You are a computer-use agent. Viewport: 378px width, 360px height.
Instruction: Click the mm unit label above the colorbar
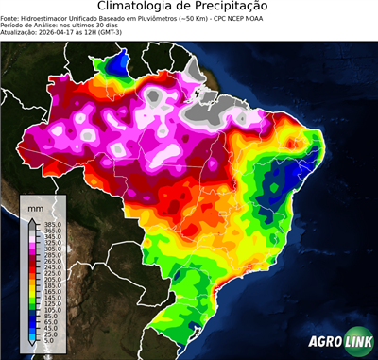coord(35,205)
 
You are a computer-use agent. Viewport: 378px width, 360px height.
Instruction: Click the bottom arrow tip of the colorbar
coord(30,348)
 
